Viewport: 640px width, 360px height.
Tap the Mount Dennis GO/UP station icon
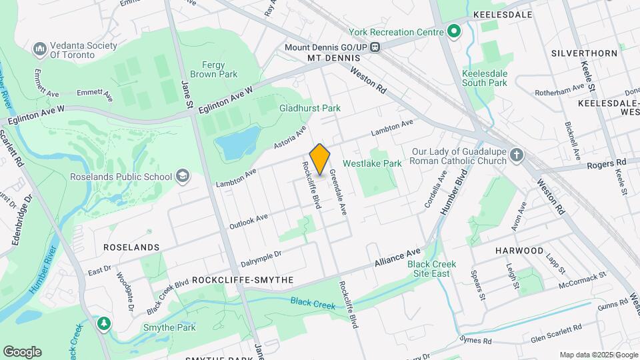click(x=376, y=47)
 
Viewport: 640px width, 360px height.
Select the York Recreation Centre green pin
click(x=454, y=31)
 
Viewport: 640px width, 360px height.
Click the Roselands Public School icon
click(x=182, y=177)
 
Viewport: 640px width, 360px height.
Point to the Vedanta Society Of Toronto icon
click(x=39, y=50)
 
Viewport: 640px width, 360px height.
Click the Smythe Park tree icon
click(x=103, y=324)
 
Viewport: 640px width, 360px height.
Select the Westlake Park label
click(x=372, y=163)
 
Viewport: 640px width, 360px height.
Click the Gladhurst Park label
click(x=309, y=108)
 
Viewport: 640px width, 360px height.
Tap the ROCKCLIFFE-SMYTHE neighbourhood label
click(x=242, y=281)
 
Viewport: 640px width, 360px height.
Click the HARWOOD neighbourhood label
click(x=519, y=250)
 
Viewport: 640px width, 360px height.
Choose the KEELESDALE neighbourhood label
click(x=503, y=14)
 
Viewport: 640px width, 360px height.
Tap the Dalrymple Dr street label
click(x=261, y=254)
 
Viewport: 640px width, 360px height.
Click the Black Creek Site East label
click(x=431, y=269)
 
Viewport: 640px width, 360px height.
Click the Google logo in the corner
click(x=22, y=352)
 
